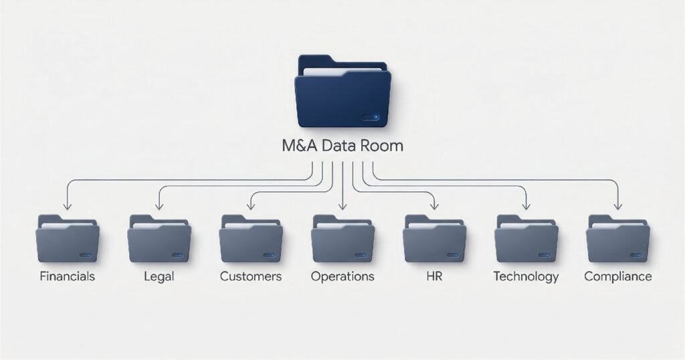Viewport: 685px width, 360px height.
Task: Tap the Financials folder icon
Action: pyautogui.click(x=68, y=239)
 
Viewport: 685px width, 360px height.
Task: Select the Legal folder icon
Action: pyautogui.click(x=159, y=239)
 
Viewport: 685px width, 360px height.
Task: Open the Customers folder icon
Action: pyautogui.click(x=251, y=239)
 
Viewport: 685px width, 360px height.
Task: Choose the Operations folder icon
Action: pyautogui.click(x=342, y=239)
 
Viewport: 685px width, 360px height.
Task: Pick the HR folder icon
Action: pyautogui.click(x=434, y=239)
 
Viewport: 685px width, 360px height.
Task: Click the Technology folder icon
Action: pyautogui.click(x=526, y=239)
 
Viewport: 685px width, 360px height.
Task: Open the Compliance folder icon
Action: pyautogui.click(x=617, y=239)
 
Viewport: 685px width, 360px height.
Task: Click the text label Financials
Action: pyautogui.click(x=68, y=276)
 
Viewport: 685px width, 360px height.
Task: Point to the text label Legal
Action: pyautogui.click(x=159, y=276)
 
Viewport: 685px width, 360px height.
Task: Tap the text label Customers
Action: pyautogui.click(x=251, y=276)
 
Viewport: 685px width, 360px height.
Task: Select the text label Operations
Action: pyautogui.click(x=342, y=276)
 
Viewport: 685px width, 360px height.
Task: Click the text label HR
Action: pyautogui.click(x=434, y=276)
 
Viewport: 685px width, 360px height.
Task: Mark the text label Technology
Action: pyautogui.click(x=526, y=276)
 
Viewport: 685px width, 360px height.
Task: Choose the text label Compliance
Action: pyautogui.click(x=617, y=276)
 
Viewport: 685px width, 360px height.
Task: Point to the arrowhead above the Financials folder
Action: pyautogui.click(x=68, y=205)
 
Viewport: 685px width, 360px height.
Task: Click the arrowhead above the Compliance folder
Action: pyautogui.click(x=617, y=205)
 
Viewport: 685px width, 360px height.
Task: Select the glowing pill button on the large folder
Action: pyautogui.click(x=370, y=117)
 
